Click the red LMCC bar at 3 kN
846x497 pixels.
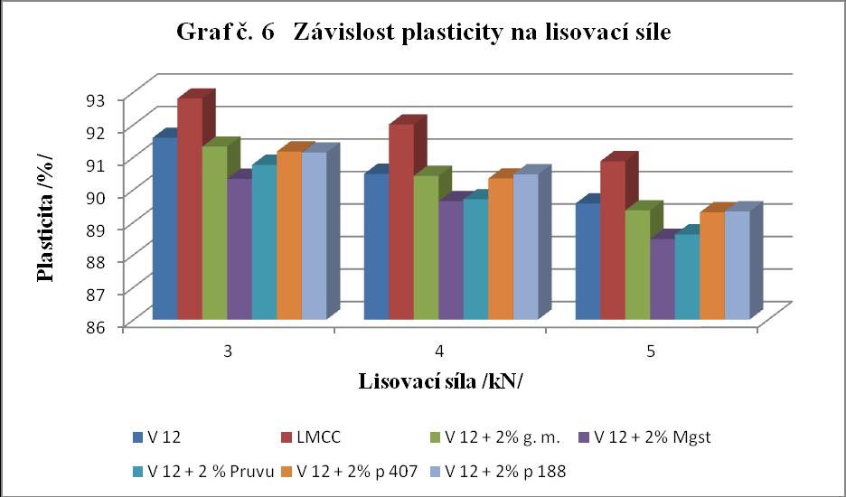click(190, 209)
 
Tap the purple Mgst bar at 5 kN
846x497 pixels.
click(663, 278)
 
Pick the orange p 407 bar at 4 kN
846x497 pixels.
click(501, 248)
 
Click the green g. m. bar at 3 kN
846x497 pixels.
click(215, 232)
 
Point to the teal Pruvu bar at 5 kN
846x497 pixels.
click(687, 277)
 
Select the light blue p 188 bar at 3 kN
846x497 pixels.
click(314, 235)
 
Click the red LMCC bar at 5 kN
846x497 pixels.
click(613, 240)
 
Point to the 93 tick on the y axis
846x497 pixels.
click(109, 98)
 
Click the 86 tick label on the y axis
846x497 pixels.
click(109, 326)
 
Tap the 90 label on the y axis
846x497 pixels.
click(109, 196)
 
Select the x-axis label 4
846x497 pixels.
click(440, 352)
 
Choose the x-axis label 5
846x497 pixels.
click(652, 352)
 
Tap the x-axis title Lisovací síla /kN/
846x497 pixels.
click(440, 381)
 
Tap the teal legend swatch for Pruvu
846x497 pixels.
click(136, 473)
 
